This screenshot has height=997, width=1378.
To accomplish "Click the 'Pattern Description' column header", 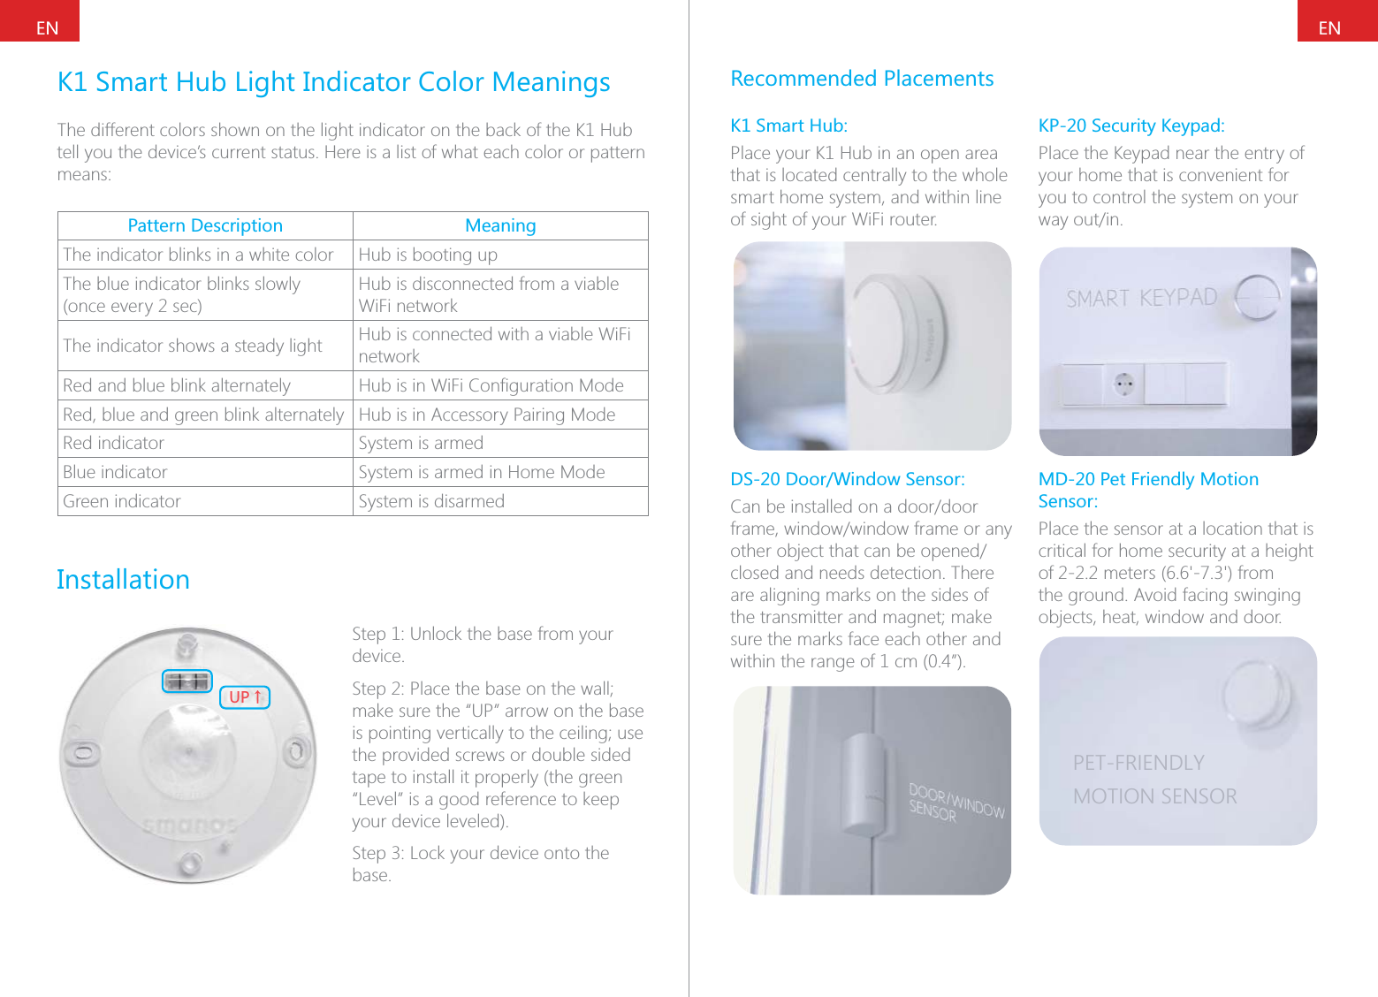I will click(x=205, y=226).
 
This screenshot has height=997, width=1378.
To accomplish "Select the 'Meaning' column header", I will click(x=500, y=226).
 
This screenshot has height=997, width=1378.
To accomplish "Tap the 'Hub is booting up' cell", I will click(x=428, y=255).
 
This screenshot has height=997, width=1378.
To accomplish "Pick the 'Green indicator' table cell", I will click(x=122, y=502).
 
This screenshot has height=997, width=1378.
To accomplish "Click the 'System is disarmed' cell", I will click(x=431, y=502).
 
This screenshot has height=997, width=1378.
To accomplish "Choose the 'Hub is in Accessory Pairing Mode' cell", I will click(x=487, y=415).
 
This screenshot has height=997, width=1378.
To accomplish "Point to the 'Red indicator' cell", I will click(x=113, y=444).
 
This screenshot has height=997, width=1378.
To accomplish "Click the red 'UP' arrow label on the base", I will click(x=244, y=697).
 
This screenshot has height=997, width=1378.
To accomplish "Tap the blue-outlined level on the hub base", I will click(x=187, y=681).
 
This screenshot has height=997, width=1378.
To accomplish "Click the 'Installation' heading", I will click(x=123, y=580).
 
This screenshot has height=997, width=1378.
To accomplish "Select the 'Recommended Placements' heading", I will click(x=862, y=80).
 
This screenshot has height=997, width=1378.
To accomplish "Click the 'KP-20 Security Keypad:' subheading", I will click(x=1131, y=126).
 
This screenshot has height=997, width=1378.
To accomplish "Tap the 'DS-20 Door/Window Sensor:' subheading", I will click(x=847, y=480).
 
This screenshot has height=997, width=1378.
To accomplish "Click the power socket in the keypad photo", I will click(x=1123, y=384).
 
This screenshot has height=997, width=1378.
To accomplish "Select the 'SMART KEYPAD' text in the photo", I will click(x=1141, y=299).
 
